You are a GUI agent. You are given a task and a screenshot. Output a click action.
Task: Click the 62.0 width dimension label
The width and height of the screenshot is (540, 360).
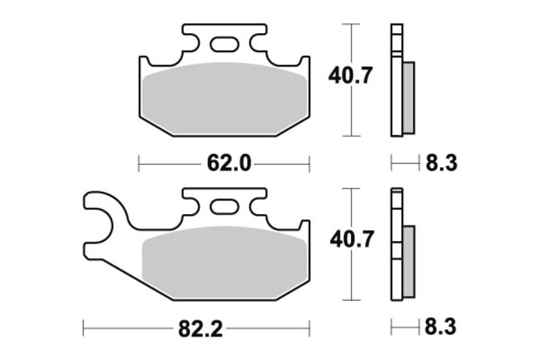(223, 163)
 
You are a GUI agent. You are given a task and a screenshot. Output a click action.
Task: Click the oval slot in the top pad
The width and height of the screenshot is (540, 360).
(223, 45)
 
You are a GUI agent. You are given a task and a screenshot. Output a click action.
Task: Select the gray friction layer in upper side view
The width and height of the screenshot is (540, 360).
(409, 96)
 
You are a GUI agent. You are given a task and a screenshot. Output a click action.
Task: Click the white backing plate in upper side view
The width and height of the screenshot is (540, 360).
(396, 81)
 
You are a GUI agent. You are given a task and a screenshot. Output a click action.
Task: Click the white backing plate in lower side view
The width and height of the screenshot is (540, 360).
(396, 247)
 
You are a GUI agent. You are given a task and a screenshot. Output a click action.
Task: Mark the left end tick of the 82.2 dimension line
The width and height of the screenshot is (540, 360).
(83, 329)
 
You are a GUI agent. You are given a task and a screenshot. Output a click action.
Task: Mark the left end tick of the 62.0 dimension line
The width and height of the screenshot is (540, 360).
(139, 163)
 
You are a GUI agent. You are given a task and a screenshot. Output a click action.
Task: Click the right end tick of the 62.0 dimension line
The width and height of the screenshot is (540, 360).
(308, 163)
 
